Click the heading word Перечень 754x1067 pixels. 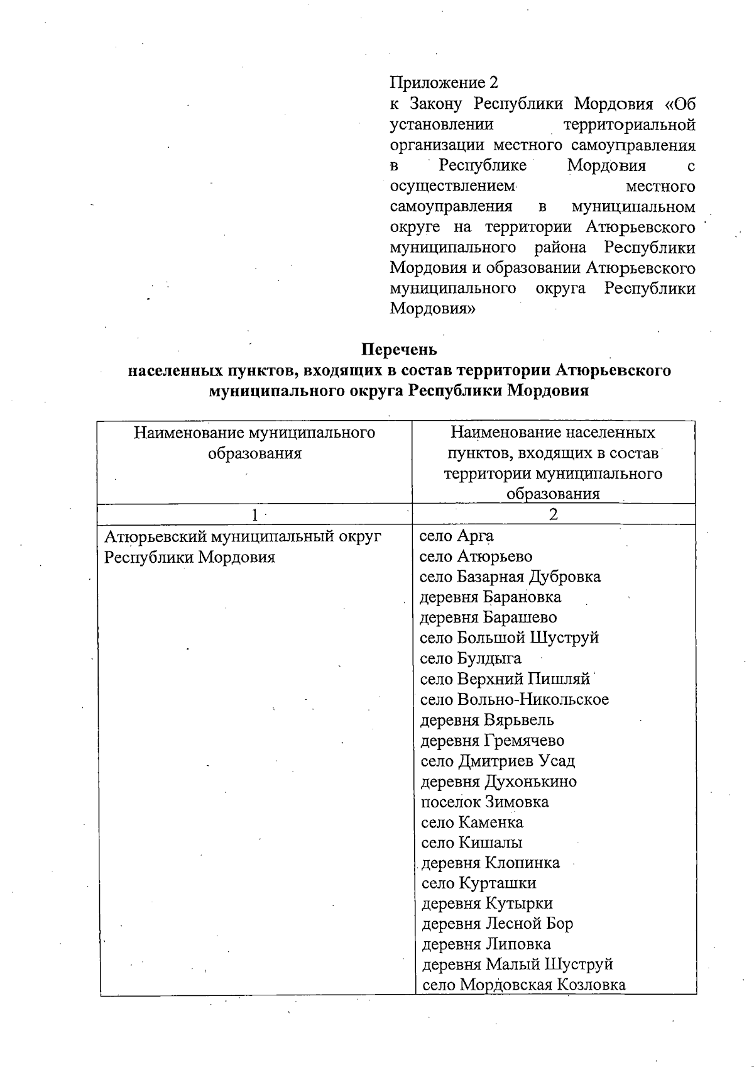399,349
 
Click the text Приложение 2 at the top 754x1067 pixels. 444,83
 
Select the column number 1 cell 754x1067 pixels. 254,515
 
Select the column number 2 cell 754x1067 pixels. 553,515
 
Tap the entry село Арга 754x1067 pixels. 456,536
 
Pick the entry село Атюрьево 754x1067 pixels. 476,557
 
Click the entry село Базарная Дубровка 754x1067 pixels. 510,577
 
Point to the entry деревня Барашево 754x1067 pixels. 488,618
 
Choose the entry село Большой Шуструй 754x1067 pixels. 509,638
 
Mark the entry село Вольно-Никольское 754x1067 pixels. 514,700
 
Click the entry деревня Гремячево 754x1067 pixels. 492,741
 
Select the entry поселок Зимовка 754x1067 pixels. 484,802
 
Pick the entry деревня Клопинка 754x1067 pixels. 490,863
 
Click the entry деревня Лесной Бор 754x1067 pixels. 497,924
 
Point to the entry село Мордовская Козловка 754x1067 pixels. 523,985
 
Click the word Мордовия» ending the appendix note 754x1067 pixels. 432,309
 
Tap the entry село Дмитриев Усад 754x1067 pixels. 497,761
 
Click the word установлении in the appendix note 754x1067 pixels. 441,125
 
